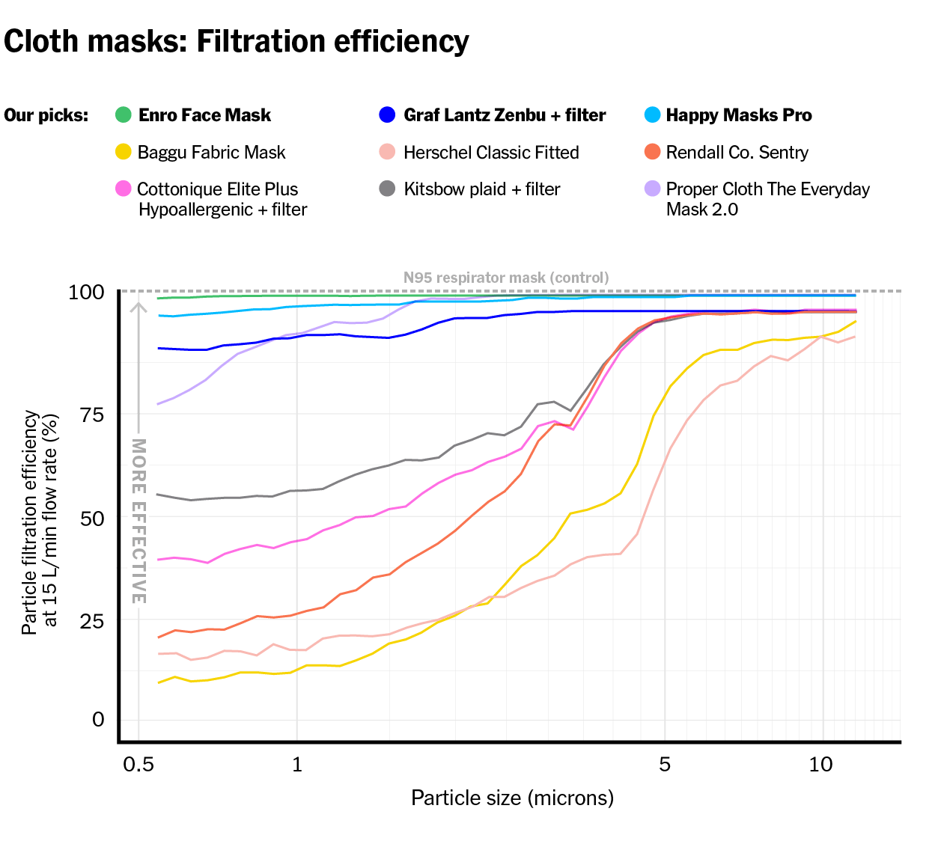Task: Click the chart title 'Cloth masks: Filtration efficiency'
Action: point(237,42)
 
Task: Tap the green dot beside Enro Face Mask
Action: point(124,115)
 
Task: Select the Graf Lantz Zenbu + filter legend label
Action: point(505,115)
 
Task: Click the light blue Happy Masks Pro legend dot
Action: point(653,115)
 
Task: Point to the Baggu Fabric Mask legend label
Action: point(211,153)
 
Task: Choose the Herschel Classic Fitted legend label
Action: point(491,153)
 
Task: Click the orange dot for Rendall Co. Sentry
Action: point(653,153)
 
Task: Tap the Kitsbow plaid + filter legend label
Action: point(481,189)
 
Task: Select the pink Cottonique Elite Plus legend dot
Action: point(124,189)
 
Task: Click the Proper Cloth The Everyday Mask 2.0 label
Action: point(767,199)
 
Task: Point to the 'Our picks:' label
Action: point(46,116)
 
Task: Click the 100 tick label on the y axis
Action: point(86,292)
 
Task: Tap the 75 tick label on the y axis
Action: point(91,415)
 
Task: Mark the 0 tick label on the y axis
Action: point(98,719)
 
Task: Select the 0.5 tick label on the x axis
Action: point(138,765)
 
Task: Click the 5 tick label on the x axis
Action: point(665,765)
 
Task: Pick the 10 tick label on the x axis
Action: point(821,765)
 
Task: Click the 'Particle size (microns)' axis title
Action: point(512,798)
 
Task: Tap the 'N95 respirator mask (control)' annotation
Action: point(506,278)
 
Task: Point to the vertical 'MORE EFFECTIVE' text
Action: point(138,521)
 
